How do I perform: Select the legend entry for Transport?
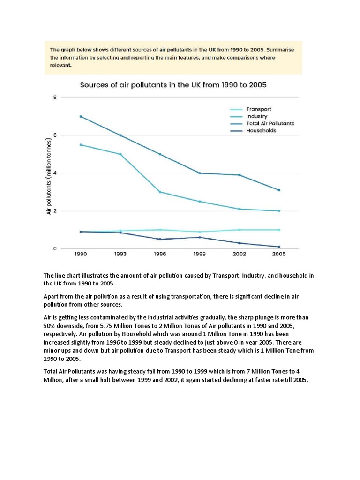pos(259,109)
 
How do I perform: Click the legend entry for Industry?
pos(257,116)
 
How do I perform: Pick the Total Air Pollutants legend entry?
pos(270,123)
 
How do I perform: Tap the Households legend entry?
pos(261,131)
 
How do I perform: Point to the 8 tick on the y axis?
pos(55,97)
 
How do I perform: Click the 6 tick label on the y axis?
pos(55,135)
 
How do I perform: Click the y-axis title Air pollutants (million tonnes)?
pos(48,177)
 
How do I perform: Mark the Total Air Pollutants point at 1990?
pos(81,116)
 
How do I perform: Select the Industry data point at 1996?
pos(160,192)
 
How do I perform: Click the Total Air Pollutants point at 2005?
pos(279,190)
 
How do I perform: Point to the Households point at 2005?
pos(279,247)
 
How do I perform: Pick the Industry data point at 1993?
pos(120,154)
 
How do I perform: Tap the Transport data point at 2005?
pos(279,230)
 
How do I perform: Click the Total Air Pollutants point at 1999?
pos(200,173)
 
